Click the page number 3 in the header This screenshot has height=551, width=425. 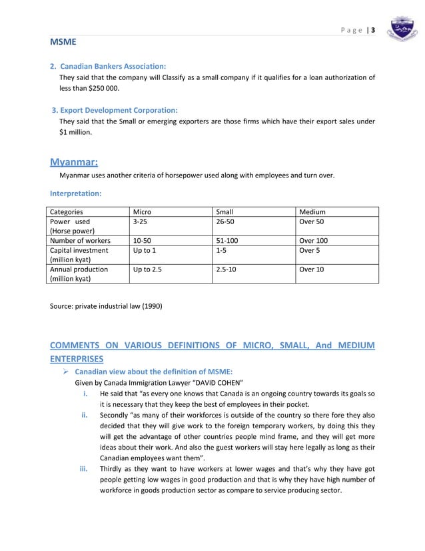click(x=373, y=30)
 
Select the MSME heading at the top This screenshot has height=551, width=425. click(x=63, y=43)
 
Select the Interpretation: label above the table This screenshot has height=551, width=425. click(x=75, y=193)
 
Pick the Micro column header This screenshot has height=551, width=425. click(x=142, y=212)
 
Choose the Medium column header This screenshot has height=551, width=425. click(x=312, y=212)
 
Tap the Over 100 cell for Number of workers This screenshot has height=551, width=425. click(x=313, y=241)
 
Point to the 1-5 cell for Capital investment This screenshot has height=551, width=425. click(x=220, y=251)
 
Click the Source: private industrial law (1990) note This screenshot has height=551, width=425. click(x=106, y=306)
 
